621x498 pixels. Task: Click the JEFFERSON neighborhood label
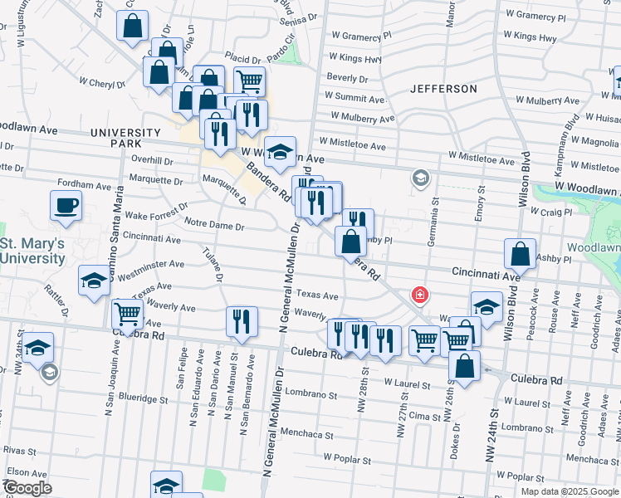tap(444, 88)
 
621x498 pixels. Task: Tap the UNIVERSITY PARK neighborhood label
tap(125, 139)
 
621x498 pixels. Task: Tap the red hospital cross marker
tap(421, 295)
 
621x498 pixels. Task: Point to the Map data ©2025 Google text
tap(570, 491)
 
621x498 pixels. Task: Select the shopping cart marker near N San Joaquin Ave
tap(127, 313)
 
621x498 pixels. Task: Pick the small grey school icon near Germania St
tap(421, 178)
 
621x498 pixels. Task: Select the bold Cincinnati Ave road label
tap(486, 272)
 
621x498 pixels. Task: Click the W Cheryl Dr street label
tap(102, 83)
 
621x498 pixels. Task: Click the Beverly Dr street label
tap(347, 78)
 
